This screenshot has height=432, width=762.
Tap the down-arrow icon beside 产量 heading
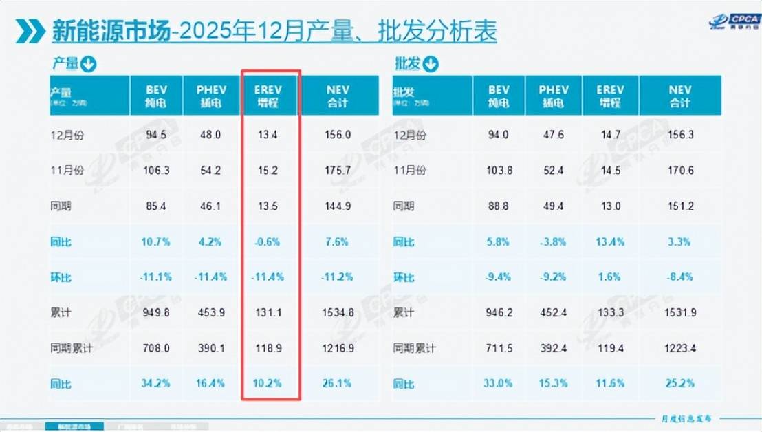point(88,65)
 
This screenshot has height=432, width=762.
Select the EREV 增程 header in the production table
point(270,96)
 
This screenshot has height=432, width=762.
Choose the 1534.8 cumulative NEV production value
point(338,312)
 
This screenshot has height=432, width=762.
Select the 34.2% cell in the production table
point(157,383)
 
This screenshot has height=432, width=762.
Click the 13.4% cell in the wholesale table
point(610,241)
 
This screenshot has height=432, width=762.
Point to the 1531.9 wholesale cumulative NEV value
point(679,312)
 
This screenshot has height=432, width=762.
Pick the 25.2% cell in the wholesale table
point(679,383)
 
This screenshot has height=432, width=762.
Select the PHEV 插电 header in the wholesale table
point(553,96)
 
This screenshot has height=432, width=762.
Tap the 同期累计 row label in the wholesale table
point(414,348)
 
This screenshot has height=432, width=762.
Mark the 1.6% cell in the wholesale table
point(610,277)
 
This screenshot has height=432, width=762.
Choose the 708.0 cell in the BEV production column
point(157,348)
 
